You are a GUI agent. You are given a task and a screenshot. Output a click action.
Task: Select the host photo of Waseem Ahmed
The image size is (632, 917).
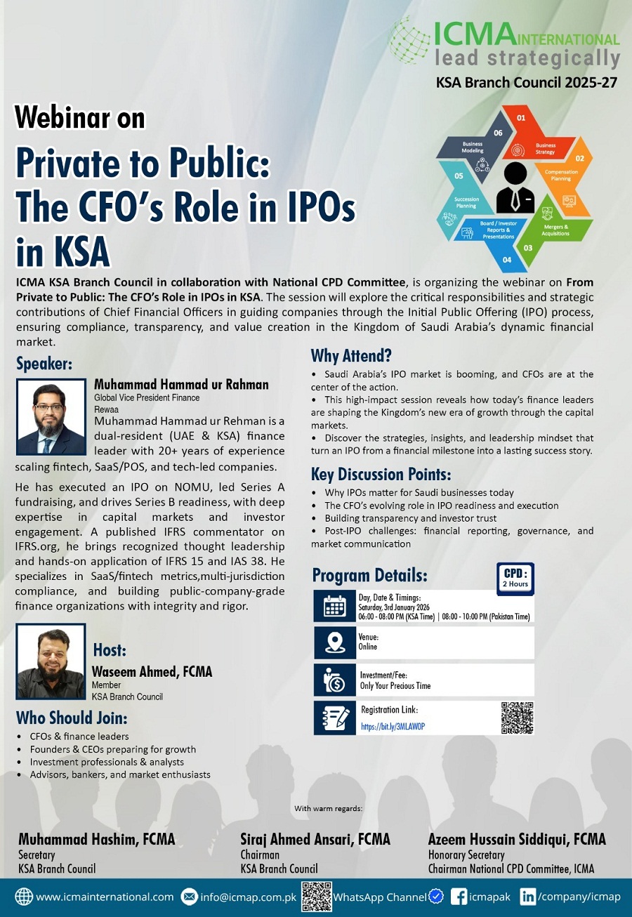[51, 661]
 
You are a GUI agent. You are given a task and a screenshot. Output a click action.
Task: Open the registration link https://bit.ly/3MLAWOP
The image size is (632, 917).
[393, 727]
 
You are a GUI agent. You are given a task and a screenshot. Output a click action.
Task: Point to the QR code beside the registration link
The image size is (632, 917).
[518, 718]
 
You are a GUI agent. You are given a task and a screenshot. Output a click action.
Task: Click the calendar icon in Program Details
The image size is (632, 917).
[334, 607]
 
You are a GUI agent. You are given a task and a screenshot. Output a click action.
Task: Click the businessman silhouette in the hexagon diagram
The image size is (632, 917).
[515, 187]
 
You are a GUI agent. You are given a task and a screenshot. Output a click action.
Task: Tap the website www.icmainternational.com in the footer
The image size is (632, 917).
[105, 897]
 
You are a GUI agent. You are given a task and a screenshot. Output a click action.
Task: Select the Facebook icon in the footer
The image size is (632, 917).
[459, 897]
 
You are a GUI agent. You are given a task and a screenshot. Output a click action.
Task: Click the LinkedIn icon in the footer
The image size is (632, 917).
[528, 897]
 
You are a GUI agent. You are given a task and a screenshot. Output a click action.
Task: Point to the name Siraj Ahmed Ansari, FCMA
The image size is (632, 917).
[315, 839]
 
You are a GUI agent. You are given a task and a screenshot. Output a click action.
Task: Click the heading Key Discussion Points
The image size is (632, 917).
[381, 474]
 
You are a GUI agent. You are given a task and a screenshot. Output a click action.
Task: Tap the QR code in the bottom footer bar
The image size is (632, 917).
[316, 897]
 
